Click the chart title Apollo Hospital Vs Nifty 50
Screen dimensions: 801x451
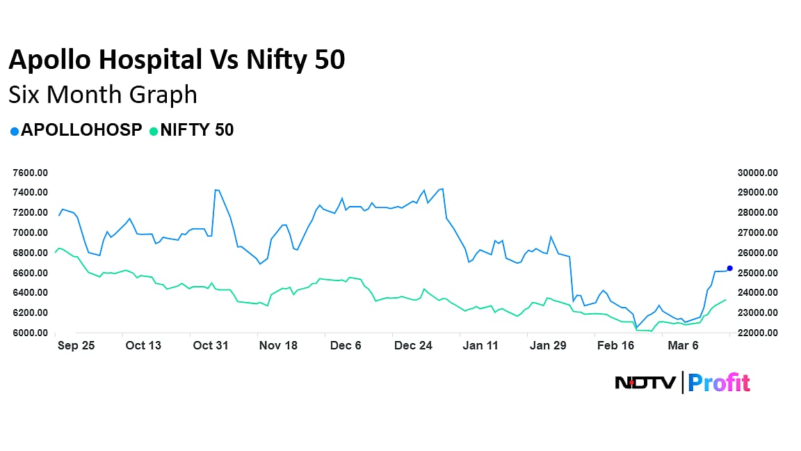point(177,61)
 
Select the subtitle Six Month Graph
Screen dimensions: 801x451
point(103,94)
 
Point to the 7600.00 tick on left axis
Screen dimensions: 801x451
point(30,173)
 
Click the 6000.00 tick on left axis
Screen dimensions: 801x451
point(30,333)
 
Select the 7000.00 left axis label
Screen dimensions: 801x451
point(30,232)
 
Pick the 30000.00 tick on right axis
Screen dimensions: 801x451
point(758,173)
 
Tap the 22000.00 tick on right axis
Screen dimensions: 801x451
point(758,333)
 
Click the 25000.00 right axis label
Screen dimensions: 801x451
point(758,273)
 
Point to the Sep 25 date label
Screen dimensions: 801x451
point(76,346)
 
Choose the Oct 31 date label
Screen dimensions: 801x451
point(211,346)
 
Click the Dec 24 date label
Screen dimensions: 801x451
point(413,346)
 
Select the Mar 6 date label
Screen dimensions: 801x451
point(683,346)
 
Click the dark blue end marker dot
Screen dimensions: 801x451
point(729,268)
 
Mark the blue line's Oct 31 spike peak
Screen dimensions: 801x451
point(216,189)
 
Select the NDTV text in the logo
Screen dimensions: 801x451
point(645,383)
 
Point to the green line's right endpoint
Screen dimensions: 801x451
point(726,300)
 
